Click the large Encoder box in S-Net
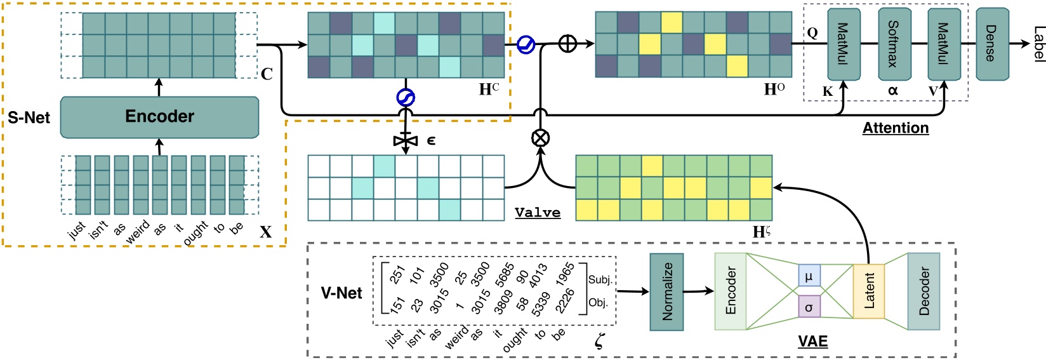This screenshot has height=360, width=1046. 159,117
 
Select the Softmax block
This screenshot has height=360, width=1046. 894,44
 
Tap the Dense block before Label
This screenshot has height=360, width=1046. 992,44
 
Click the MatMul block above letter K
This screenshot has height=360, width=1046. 844,44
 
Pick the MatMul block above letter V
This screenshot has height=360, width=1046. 944,44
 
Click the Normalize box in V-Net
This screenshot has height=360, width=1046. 666,291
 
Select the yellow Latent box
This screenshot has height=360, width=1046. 869,291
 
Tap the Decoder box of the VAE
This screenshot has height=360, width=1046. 924,291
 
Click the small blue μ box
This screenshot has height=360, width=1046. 809,276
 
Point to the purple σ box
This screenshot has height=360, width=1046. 809,307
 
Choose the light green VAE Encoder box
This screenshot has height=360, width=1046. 731,291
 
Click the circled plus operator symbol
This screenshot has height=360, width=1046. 567,44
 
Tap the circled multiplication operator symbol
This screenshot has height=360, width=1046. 540,138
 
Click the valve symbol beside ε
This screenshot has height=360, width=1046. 406,140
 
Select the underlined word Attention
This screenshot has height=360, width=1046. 895,128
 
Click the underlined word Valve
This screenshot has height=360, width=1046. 538,213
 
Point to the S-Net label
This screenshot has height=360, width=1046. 29,117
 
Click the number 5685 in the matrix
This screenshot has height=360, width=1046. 505,274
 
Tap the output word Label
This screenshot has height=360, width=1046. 1038,44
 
